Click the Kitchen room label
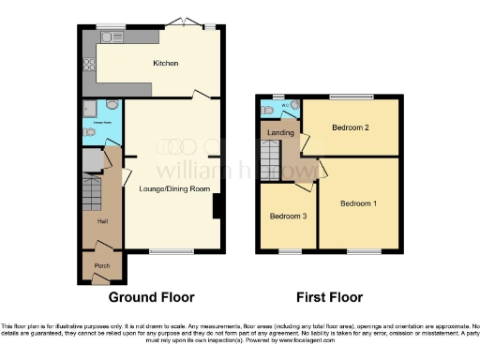[x=166, y=64]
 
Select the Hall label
[x=102, y=221]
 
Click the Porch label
[x=101, y=265]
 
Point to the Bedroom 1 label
[x=358, y=203]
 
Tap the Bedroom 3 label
[x=288, y=216]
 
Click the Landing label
[x=280, y=134]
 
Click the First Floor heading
[x=329, y=298]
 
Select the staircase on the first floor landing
[x=275, y=166]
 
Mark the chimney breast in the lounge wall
[x=218, y=206]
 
